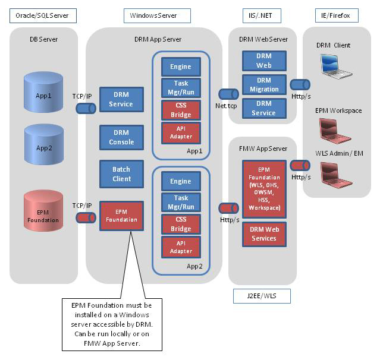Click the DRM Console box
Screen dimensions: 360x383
121,137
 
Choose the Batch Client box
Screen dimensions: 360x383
121,174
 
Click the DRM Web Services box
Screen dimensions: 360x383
263,234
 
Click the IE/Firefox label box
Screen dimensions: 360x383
337,15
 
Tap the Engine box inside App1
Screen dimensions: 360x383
180,67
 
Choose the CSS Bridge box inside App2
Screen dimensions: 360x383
180,223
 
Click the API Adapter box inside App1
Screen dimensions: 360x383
180,132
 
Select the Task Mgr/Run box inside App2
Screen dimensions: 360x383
180,202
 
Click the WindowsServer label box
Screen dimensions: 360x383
158,15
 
